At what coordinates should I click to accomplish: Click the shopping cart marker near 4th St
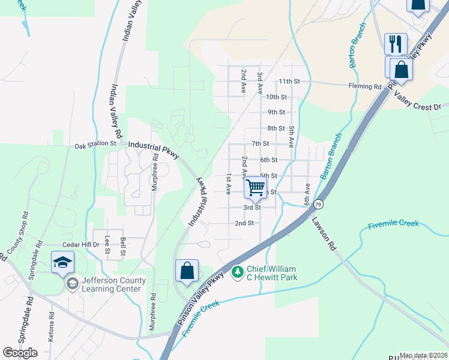point(256,188)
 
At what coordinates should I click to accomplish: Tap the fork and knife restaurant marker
point(396,44)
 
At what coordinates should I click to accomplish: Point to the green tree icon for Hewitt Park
point(238,272)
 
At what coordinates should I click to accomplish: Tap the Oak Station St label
point(95,145)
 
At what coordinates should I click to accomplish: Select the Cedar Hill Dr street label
point(82,245)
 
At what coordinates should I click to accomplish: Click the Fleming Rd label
point(365,86)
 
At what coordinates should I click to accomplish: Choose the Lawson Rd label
point(323,232)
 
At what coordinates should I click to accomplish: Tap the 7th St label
point(260,144)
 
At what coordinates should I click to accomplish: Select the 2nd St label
point(244,223)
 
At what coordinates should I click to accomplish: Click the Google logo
point(20,353)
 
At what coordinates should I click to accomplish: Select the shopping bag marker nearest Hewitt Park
point(187,271)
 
